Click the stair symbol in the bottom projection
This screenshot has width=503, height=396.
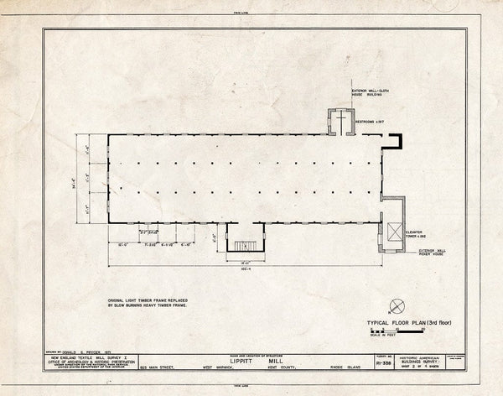pos(246,246)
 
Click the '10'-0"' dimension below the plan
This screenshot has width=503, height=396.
pos(124,244)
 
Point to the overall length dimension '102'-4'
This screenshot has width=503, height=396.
pos(246,268)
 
